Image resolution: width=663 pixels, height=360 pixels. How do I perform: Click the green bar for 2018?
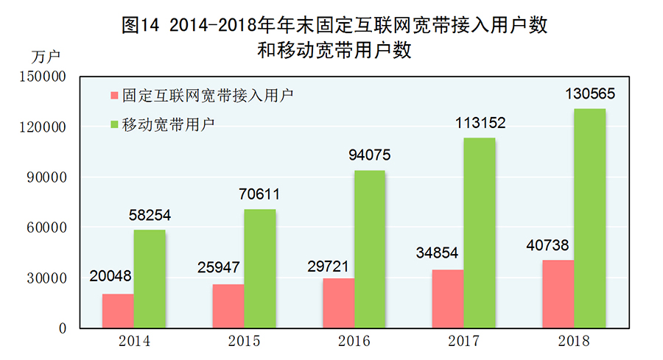[x=590, y=218]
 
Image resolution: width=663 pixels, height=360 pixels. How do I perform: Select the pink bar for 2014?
[x=118, y=311]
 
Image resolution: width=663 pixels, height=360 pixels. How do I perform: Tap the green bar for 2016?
[x=369, y=249]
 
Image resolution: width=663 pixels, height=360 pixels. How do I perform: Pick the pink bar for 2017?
[x=448, y=298]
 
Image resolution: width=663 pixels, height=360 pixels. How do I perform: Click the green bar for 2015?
[x=260, y=269]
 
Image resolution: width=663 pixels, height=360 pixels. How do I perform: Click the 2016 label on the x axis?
[x=353, y=342]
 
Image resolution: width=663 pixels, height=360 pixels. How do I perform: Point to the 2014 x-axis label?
[x=133, y=342]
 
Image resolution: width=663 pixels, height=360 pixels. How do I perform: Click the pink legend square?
[x=115, y=96]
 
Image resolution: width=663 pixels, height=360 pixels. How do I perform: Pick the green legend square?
[x=115, y=123]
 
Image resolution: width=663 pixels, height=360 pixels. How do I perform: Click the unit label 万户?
[x=46, y=55]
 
